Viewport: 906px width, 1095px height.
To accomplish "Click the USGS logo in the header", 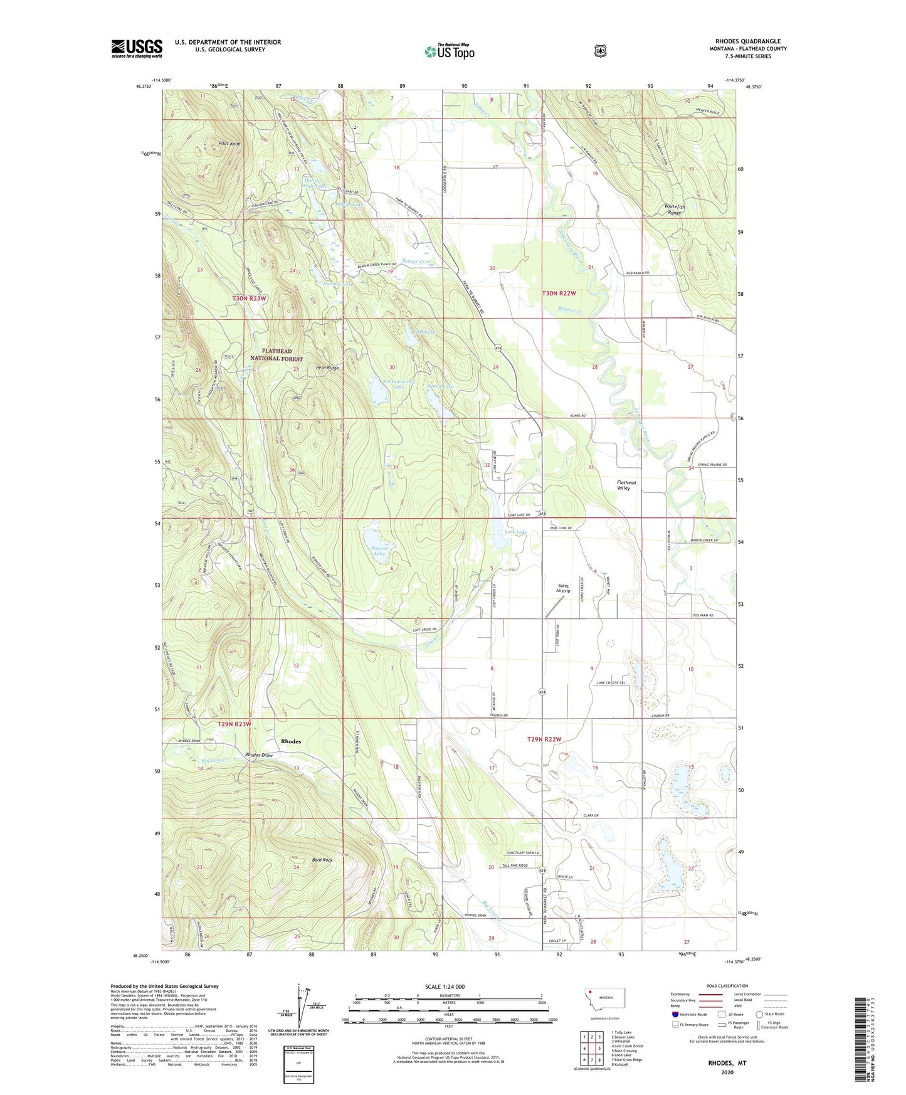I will pos(137,48).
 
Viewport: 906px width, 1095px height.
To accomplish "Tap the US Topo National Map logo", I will pos(449,51).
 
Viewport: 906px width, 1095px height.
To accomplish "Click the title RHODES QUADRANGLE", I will pos(742,41).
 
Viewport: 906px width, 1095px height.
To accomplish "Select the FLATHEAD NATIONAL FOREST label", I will pos(277,355).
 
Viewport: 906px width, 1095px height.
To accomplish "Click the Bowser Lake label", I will pos(379,551).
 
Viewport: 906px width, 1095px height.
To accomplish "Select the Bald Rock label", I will pos(322,860).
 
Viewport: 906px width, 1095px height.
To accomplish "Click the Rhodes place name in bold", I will pos(291,741).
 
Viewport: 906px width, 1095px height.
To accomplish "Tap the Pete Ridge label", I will pos(327,368).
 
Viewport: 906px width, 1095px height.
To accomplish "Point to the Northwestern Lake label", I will pos(399,384).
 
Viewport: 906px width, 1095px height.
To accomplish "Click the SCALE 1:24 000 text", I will pos(445,987).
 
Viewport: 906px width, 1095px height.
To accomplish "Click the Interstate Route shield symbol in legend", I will pos(675,1013).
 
